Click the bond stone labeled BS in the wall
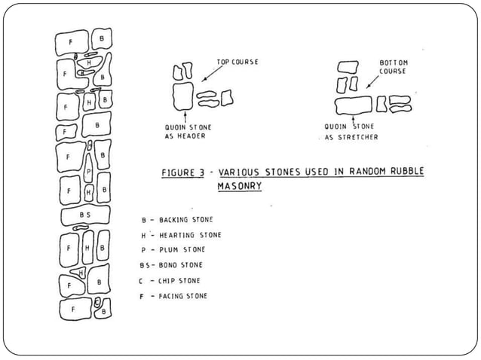point(86,215)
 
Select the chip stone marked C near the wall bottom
point(97,303)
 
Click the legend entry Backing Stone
point(177,220)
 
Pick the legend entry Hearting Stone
point(181,235)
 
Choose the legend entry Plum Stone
point(173,250)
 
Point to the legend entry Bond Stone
point(171,264)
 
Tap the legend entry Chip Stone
point(170,281)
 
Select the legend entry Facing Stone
point(173,296)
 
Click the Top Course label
point(237,62)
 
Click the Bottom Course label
point(394,67)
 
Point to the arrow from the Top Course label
point(212,74)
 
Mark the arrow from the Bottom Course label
point(372,82)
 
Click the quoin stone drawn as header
point(183,96)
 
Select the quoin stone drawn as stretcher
point(354,105)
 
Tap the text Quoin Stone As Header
point(188,132)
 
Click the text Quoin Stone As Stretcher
point(351,132)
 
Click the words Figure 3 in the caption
point(183,172)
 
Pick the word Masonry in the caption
point(240,186)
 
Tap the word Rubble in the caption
point(407,171)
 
